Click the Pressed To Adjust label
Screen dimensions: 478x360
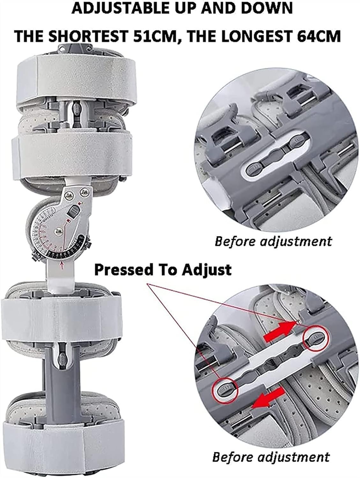pos(163,270)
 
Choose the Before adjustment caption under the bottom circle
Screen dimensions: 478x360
pos(271,457)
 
